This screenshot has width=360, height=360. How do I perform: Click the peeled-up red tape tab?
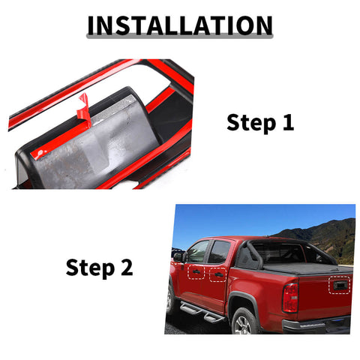pyautogui.click(x=84, y=107)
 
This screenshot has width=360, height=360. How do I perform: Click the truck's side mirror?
pyautogui.click(x=178, y=256)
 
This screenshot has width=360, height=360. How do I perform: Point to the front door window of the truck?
pyautogui.click(x=199, y=252)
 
